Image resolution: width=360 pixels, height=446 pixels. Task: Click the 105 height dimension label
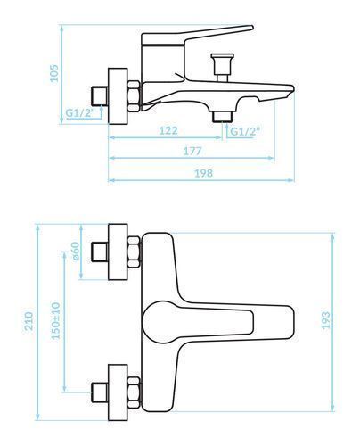click(x=54, y=73)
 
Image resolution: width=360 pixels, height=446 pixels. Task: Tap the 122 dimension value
click(x=168, y=130)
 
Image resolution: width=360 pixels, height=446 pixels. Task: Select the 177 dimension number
click(x=192, y=151)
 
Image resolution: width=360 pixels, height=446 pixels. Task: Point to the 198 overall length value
click(x=203, y=173)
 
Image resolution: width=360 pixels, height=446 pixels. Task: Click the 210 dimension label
click(x=29, y=320)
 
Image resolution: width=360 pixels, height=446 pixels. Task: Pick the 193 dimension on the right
click(x=326, y=320)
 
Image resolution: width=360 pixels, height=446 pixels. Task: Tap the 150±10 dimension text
click(x=55, y=320)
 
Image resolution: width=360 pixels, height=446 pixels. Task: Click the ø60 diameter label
click(x=76, y=252)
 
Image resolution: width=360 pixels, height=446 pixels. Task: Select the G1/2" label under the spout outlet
click(x=245, y=131)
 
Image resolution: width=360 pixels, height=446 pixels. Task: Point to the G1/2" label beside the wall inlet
click(x=80, y=113)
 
